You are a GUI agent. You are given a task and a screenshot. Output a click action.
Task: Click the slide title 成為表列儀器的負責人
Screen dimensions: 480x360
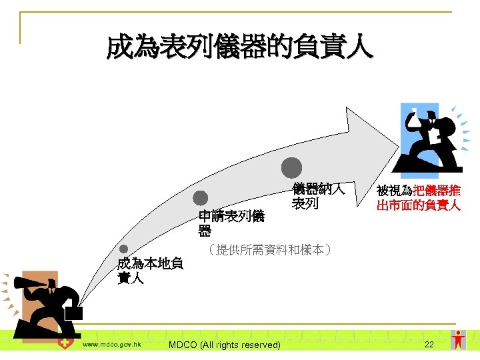pyautogui.click(x=240, y=48)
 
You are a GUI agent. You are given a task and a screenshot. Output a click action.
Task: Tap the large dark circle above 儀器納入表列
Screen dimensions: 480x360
pyautogui.click(x=291, y=167)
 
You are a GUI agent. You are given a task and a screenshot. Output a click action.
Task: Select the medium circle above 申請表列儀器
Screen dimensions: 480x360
pyautogui.click(x=201, y=198)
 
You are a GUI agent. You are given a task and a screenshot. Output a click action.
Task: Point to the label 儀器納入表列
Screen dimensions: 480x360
pyautogui.click(x=318, y=196)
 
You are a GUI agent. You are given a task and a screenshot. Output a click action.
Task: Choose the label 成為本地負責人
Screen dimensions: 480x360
pyautogui.click(x=150, y=271)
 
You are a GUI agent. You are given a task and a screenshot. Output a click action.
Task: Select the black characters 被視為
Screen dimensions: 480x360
pyautogui.click(x=395, y=191)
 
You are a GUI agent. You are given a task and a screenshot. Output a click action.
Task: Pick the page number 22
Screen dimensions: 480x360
pyautogui.click(x=429, y=344)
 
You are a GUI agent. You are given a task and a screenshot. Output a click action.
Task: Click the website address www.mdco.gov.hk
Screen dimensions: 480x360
pyautogui.click(x=111, y=344)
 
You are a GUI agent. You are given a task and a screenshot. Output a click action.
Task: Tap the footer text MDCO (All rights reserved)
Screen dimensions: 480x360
pyautogui.click(x=225, y=345)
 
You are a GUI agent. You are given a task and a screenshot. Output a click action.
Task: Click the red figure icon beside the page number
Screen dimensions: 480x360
pyautogui.click(x=458, y=339)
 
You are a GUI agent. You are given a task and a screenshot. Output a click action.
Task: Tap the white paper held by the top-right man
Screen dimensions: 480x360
pyautogui.click(x=434, y=135)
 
